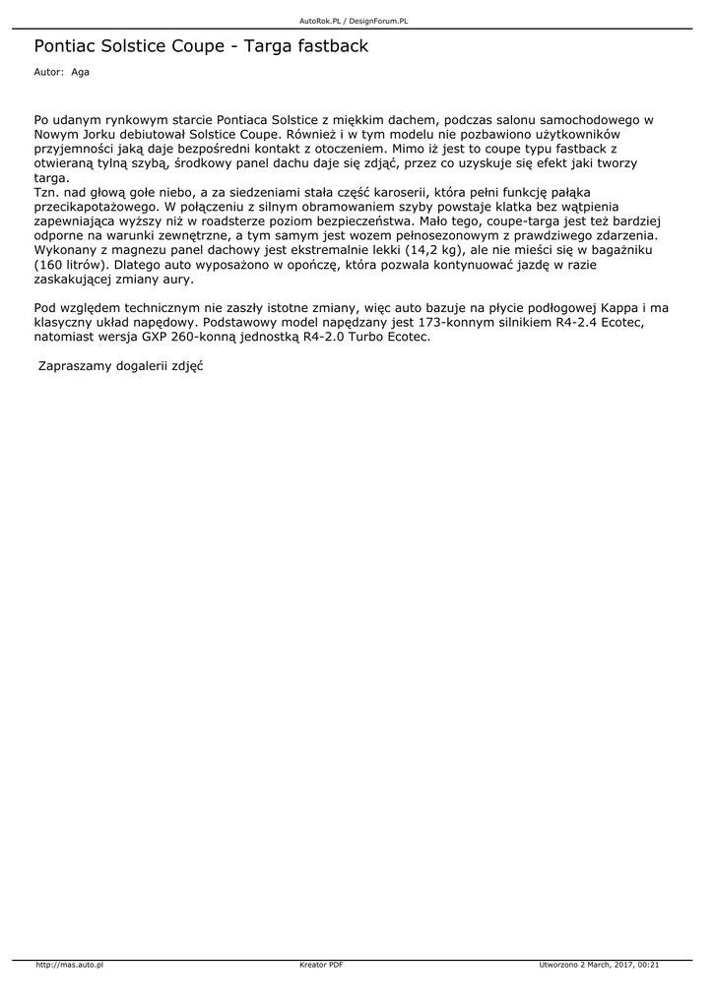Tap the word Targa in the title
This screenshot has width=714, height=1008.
pos(268,46)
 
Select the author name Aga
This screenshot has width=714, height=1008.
pos(80,73)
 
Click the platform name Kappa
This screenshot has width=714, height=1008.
pos(611,308)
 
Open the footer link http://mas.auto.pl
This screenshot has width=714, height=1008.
pos(70,965)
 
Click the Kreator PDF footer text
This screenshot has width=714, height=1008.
pos(321,965)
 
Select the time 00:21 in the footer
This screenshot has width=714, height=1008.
pos(648,965)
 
